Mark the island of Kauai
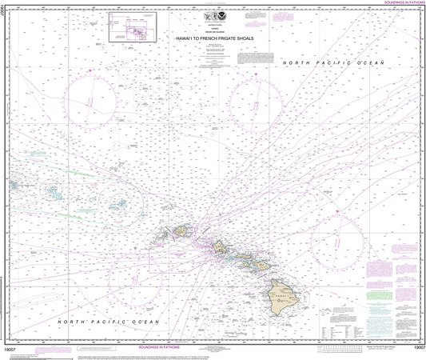tap(182, 229)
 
